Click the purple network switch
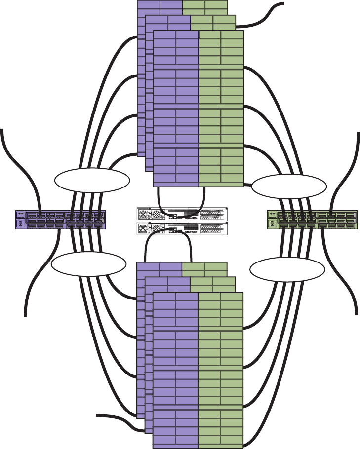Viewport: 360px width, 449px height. click(60, 220)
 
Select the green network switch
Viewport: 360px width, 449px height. click(312, 220)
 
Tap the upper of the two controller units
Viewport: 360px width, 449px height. click(182, 214)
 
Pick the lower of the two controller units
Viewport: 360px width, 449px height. click(182, 228)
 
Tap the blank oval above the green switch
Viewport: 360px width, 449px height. click(289, 187)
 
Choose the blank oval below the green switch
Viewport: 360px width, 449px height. click(287, 269)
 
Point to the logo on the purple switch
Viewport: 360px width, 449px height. click(21, 215)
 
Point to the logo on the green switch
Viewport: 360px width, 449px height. click(272, 215)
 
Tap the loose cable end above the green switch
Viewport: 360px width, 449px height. click(355, 134)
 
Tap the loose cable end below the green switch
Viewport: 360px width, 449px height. click(356, 311)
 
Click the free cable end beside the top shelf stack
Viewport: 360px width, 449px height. click(283, 4)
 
